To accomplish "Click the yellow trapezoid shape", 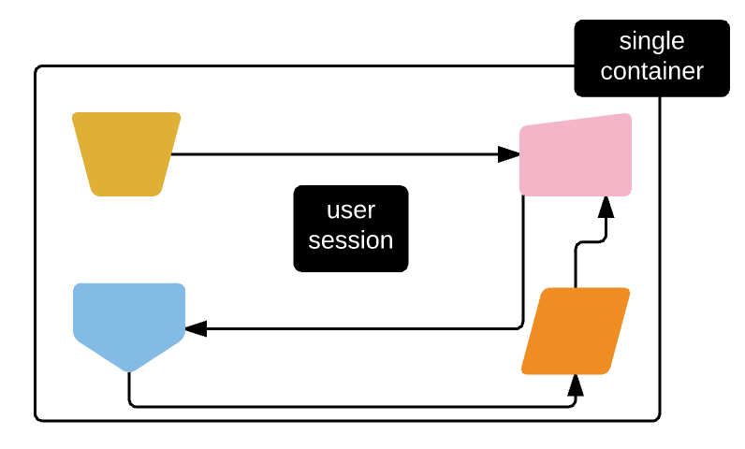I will pyautogui.click(x=126, y=153).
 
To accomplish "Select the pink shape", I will pyautogui.click(x=576, y=155).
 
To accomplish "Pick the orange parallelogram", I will pyautogui.click(x=576, y=330).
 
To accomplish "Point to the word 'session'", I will pyautogui.click(x=351, y=240).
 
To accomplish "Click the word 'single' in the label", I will pyautogui.click(x=651, y=42).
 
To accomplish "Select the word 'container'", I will pyautogui.click(x=651, y=71).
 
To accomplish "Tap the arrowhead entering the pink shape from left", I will pyautogui.click(x=509, y=154).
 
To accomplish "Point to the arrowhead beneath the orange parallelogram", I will pyautogui.click(x=576, y=384).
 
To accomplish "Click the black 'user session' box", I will pyautogui.click(x=351, y=228).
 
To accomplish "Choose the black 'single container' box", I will pyautogui.click(x=651, y=58).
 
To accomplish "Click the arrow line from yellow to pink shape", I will pyautogui.click(x=337, y=154).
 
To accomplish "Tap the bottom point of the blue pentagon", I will pyautogui.click(x=129, y=370).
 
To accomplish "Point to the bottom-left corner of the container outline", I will pyautogui.click(x=37, y=418).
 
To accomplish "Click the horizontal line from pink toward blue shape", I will pyautogui.click(x=356, y=328).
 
